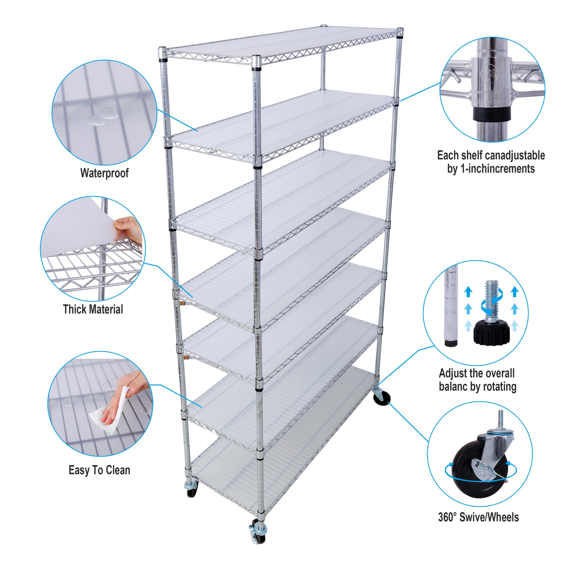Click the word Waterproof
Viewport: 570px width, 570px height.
click(x=105, y=173)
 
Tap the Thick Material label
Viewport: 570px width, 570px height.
click(x=93, y=309)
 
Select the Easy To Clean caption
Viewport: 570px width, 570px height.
click(x=99, y=470)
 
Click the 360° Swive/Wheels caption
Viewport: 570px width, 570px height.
click(x=478, y=517)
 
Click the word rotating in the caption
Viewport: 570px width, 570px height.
click(x=500, y=386)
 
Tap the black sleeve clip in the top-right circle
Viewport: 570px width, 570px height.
click(x=492, y=115)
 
